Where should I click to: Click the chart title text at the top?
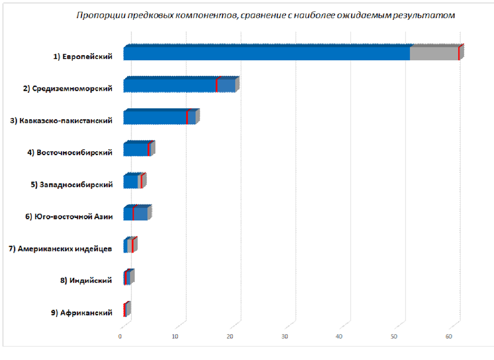(266, 15)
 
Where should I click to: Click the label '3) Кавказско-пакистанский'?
(61, 121)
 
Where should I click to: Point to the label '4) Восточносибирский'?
(70, 153)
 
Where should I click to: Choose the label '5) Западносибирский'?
(71, 185)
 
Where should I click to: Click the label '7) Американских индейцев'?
(61, 249)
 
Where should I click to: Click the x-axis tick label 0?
(120, 336)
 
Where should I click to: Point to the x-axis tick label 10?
(175, 336)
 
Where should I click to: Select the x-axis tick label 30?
(285, 336)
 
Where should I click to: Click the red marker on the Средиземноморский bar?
(217, 85)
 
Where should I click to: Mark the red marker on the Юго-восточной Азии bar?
(133, 213)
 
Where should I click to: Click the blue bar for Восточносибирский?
(135, 149)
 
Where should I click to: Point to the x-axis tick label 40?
(340, 336)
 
